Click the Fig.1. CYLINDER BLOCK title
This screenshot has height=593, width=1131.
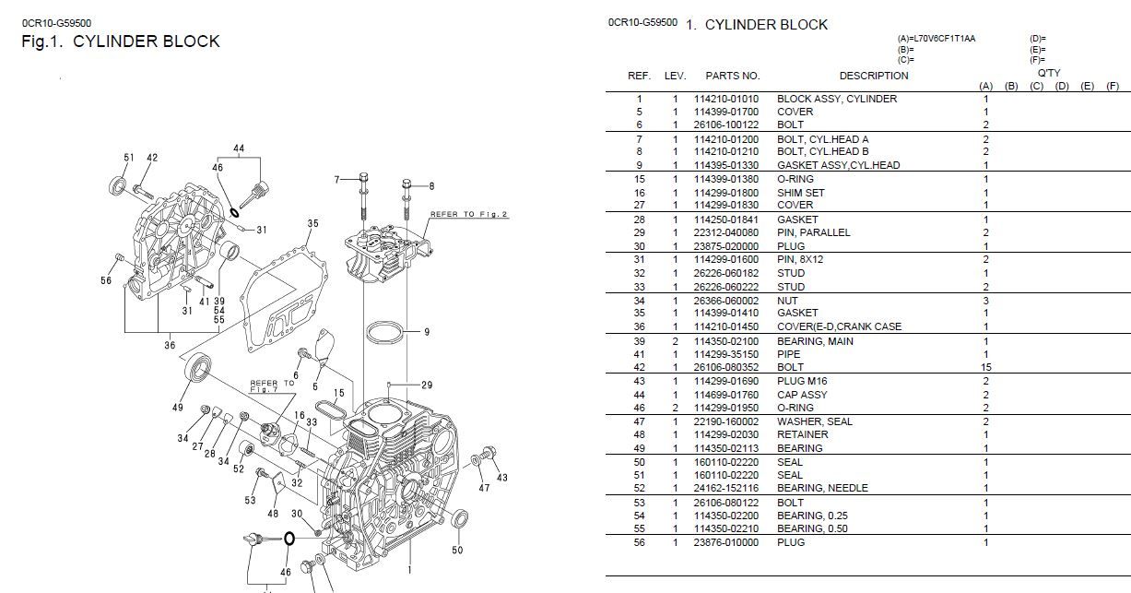click(x=121, y=42)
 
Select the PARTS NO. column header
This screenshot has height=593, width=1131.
click(x=732, y=76)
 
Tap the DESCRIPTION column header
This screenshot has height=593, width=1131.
click(x=873, y=76)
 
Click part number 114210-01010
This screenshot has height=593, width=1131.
click(x=726, y=99)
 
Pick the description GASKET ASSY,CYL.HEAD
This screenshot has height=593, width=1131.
click(x=838, y=165)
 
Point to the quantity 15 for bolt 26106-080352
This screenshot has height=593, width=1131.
click(x=985, y=367)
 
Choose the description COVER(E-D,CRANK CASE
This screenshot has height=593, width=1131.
click(x=839, y=326)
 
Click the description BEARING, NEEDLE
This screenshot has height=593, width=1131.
click(x=822, y=488)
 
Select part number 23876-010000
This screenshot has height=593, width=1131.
click(x=726, y=542)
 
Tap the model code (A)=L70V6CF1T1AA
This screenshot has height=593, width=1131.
click(x=936, y=39)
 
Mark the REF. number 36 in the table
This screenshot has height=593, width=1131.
click(x=639, y=326)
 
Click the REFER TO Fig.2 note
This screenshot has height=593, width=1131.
click(x=468, y=214)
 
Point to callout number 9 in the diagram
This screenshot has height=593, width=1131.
click(x=427, y=332)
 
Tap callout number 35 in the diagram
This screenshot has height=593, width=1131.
click(x=312, y=223)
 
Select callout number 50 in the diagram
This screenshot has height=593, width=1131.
click(x=457, y=551)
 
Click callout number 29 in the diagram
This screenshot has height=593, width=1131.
click(x=427, y=385)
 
